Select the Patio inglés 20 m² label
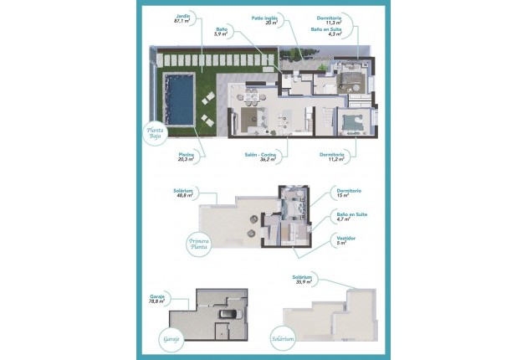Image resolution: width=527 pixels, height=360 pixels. tap(266, 20)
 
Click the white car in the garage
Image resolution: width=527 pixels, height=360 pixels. tap(227, 314)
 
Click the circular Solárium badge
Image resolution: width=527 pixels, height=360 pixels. tap(283, 339)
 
